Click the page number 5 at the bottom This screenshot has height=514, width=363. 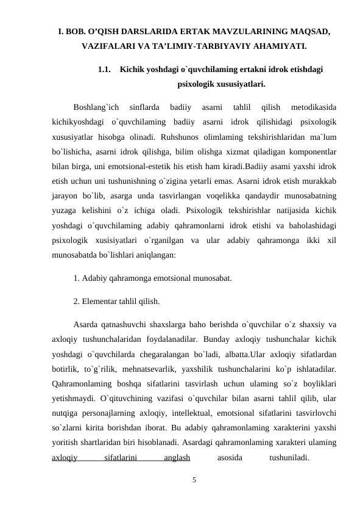click(194, 479)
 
